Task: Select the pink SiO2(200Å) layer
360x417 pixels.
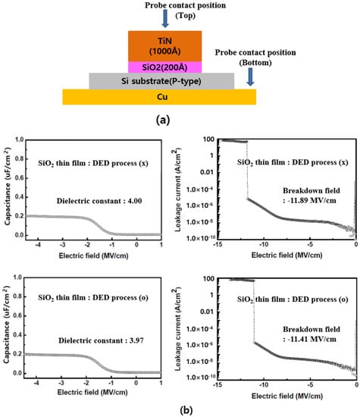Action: pyautogui.click(x=165, y=67)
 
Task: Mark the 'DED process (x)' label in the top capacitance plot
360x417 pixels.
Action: pyautogui.click(x=86, y=162)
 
